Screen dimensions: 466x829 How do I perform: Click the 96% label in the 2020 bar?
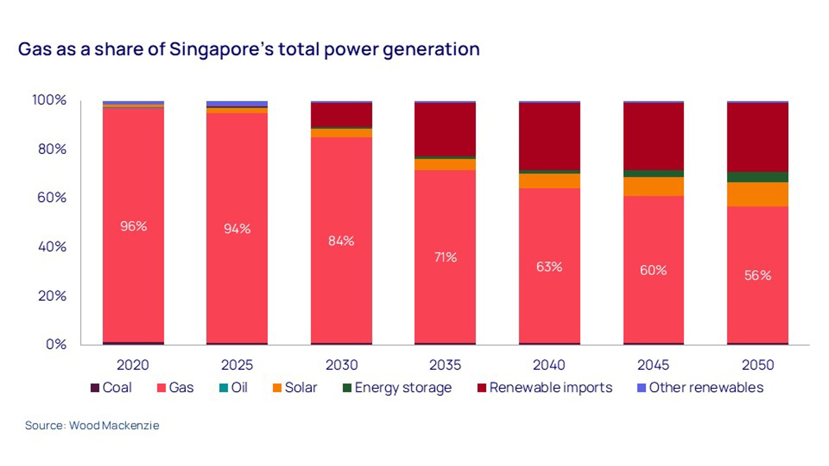(x=134, y=226)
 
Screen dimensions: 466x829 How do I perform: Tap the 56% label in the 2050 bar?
(x=758, y=275)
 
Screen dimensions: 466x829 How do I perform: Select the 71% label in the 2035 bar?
(x=445, y=257)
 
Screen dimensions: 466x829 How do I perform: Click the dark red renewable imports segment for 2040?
(x=549, y=136)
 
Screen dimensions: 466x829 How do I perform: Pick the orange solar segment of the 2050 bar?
(x=758, y=194)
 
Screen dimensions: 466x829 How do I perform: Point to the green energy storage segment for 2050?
(x=758, y=177)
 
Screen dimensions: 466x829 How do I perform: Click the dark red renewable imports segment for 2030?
(x=341, y=115)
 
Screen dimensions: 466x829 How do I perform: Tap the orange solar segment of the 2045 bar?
(x=654, y=186)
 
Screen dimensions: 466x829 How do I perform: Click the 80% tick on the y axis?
(x=52, y=149)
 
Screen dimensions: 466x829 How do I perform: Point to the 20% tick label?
(x=52, y=296)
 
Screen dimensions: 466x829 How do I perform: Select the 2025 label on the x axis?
(x=237, y=365)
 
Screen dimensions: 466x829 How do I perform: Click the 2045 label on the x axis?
(x=653, y=365)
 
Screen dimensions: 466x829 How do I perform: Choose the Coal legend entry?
(x=111, y=388)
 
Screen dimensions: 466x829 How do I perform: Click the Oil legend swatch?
(x=224, y=388)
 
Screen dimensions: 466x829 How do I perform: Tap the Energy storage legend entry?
(x=397, y=388)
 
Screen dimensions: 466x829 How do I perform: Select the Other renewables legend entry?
(x=700, y=388)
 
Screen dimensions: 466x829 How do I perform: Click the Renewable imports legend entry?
(x=545, y=388)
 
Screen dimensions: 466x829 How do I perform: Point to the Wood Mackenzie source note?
(x=92, y=425)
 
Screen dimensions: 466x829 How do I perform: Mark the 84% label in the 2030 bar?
(x=341, y=241)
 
